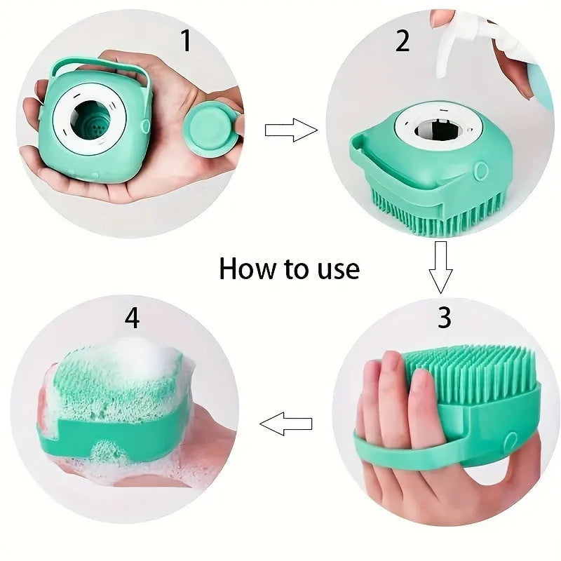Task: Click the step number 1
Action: click(186, 41)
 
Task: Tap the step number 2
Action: click(403, 41)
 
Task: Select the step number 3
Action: click(444, 318)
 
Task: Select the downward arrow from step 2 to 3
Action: click(441, 266)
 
